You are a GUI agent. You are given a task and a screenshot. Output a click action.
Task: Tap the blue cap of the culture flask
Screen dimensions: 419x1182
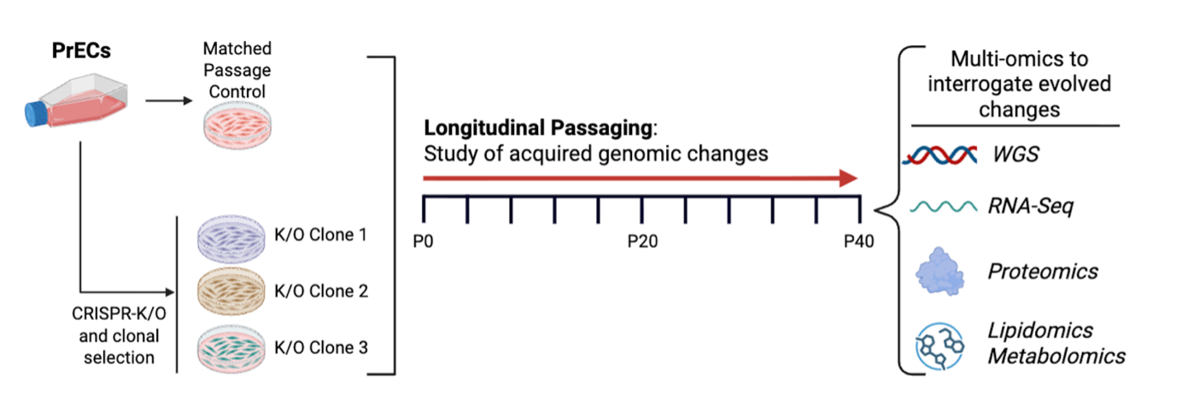[x=37, y=112]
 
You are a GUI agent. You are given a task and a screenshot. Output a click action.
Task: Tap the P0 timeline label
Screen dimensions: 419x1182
[x=423, y=242]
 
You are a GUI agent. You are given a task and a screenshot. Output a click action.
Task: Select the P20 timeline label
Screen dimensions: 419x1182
[x=641, y=242]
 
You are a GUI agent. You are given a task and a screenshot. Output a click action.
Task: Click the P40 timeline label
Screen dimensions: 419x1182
[x=858, y=242]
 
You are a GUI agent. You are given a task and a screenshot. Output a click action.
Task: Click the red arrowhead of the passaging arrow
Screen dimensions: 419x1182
[x=848, y=177]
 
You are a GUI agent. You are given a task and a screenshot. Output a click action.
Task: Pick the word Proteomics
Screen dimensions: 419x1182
[x=1043, y=271]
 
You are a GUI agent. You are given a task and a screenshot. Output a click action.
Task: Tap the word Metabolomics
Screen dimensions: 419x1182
[x=1056, y=356]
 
